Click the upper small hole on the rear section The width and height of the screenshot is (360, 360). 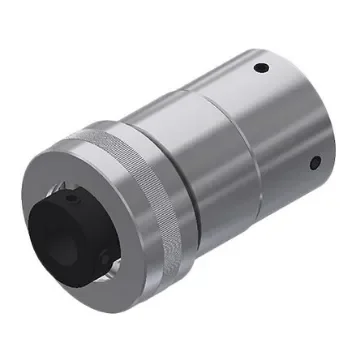click(261, 68)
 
